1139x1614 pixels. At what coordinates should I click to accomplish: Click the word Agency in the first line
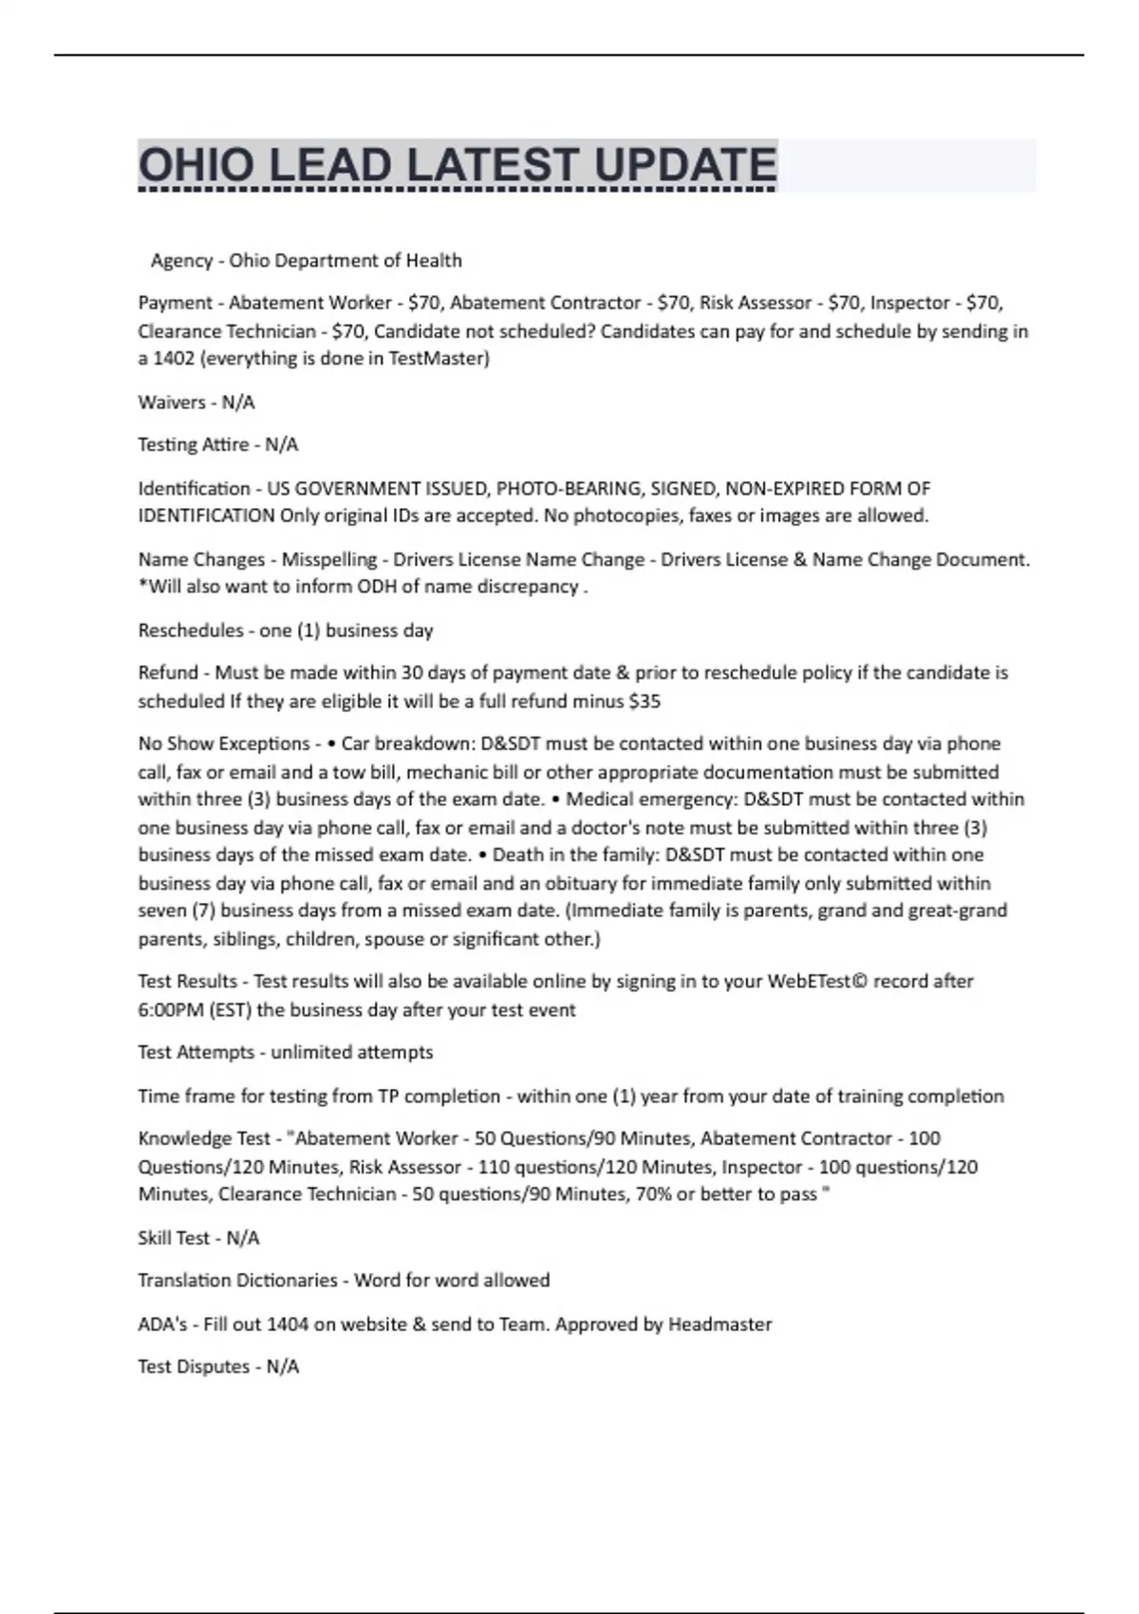click(x=181, y=260)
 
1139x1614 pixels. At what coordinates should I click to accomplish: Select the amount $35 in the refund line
click(x=644, y=702)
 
